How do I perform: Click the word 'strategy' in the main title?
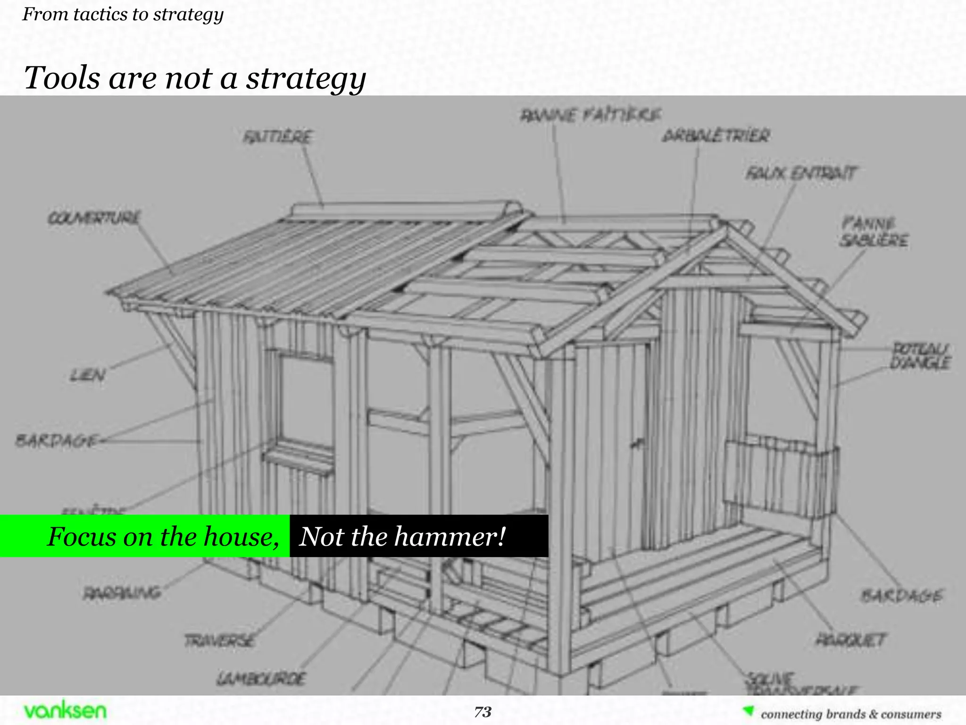[306, 78]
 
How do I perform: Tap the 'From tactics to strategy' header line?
[123, 14]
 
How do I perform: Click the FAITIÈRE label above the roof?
[277, 137]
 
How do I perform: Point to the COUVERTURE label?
[94, 218]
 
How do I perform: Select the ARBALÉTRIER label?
[716, 136]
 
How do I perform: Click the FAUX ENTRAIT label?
[800, 173]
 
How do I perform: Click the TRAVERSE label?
[220, 641]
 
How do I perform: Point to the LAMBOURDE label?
[261, 679]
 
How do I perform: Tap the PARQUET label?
[851, 640]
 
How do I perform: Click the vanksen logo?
[65, 710]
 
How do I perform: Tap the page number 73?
[483, 712]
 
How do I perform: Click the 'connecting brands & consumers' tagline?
[850, 714]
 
